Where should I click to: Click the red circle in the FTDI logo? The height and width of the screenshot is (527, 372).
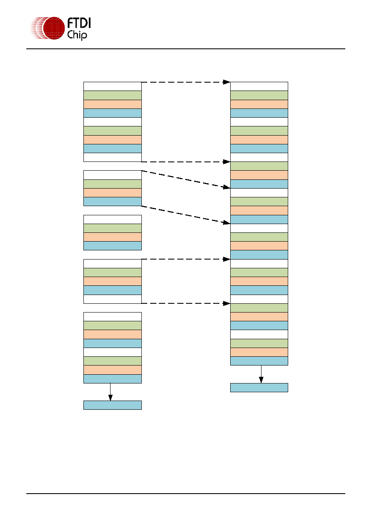(x=54, y=28)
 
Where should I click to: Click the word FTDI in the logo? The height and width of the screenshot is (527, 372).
(x=79, y=23)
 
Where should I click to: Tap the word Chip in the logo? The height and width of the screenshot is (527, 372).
(x=77, y=35)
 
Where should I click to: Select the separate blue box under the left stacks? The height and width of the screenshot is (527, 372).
(x=113, y=405)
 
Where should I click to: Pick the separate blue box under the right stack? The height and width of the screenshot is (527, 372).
(x=259, y=388)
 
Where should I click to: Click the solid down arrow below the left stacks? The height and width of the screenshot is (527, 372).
(x=110, y=392)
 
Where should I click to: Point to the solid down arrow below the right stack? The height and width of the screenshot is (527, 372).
(x=261, y=374)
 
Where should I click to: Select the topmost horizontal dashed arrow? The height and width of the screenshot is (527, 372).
(x=186, y=82)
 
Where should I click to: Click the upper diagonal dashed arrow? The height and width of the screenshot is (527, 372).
(x=186, y=179)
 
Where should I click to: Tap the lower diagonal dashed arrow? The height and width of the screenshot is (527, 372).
(x=186, y=214)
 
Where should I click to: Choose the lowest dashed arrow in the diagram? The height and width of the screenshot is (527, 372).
(x=186, y=303)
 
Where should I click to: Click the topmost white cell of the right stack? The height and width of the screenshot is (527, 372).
(x=259, y=86)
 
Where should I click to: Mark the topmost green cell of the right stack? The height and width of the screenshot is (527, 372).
(x=259, y=95)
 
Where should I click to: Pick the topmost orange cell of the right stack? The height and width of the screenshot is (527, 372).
(x=259, y=104)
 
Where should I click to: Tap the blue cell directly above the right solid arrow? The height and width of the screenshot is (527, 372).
(x=259, y=361)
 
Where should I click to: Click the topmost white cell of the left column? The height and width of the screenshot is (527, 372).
(x=113, y=86)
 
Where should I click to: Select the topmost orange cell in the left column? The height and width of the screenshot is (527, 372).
(x=113, y=104)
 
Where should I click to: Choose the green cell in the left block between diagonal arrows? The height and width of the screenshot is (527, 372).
(x=113, y=184)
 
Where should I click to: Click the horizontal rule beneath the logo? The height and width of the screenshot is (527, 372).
(x=186, y=49)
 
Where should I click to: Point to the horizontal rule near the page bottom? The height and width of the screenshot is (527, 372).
(x=186, y=494)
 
